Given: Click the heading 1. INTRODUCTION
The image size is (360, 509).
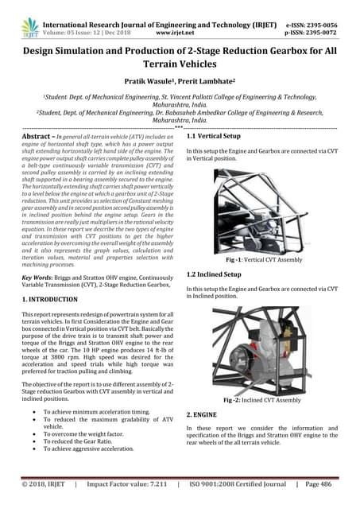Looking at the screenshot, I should click(x=49, y=299).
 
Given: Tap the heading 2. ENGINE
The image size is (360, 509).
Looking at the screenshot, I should click(x=203, y=415).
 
